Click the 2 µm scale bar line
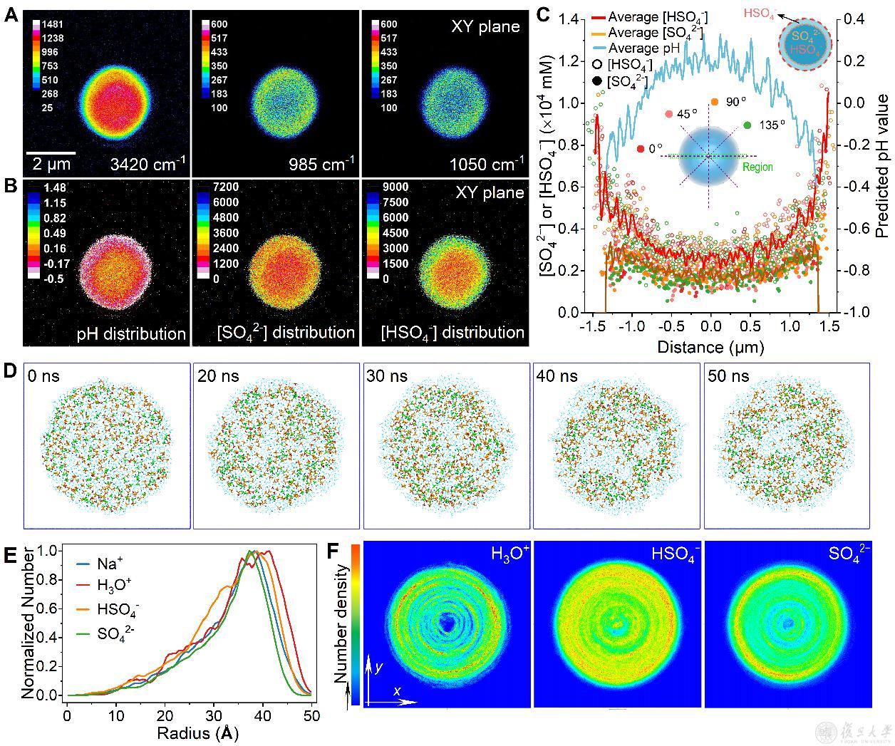pyautogui.click(x=51, y=152)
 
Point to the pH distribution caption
pyautogui.click(x=130, y=333)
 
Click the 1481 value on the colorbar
pyautogui.click(x=54, y=24)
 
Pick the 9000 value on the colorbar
pyautogui.click(x=395, y=187)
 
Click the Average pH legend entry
pyautogui.click(x=643, y=48)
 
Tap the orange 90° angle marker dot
pyautogui.click(x=714, y=103)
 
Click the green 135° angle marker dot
pyautogui.click(x=747, y=125)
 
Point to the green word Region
pyautogui.click(x=757, y=167)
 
